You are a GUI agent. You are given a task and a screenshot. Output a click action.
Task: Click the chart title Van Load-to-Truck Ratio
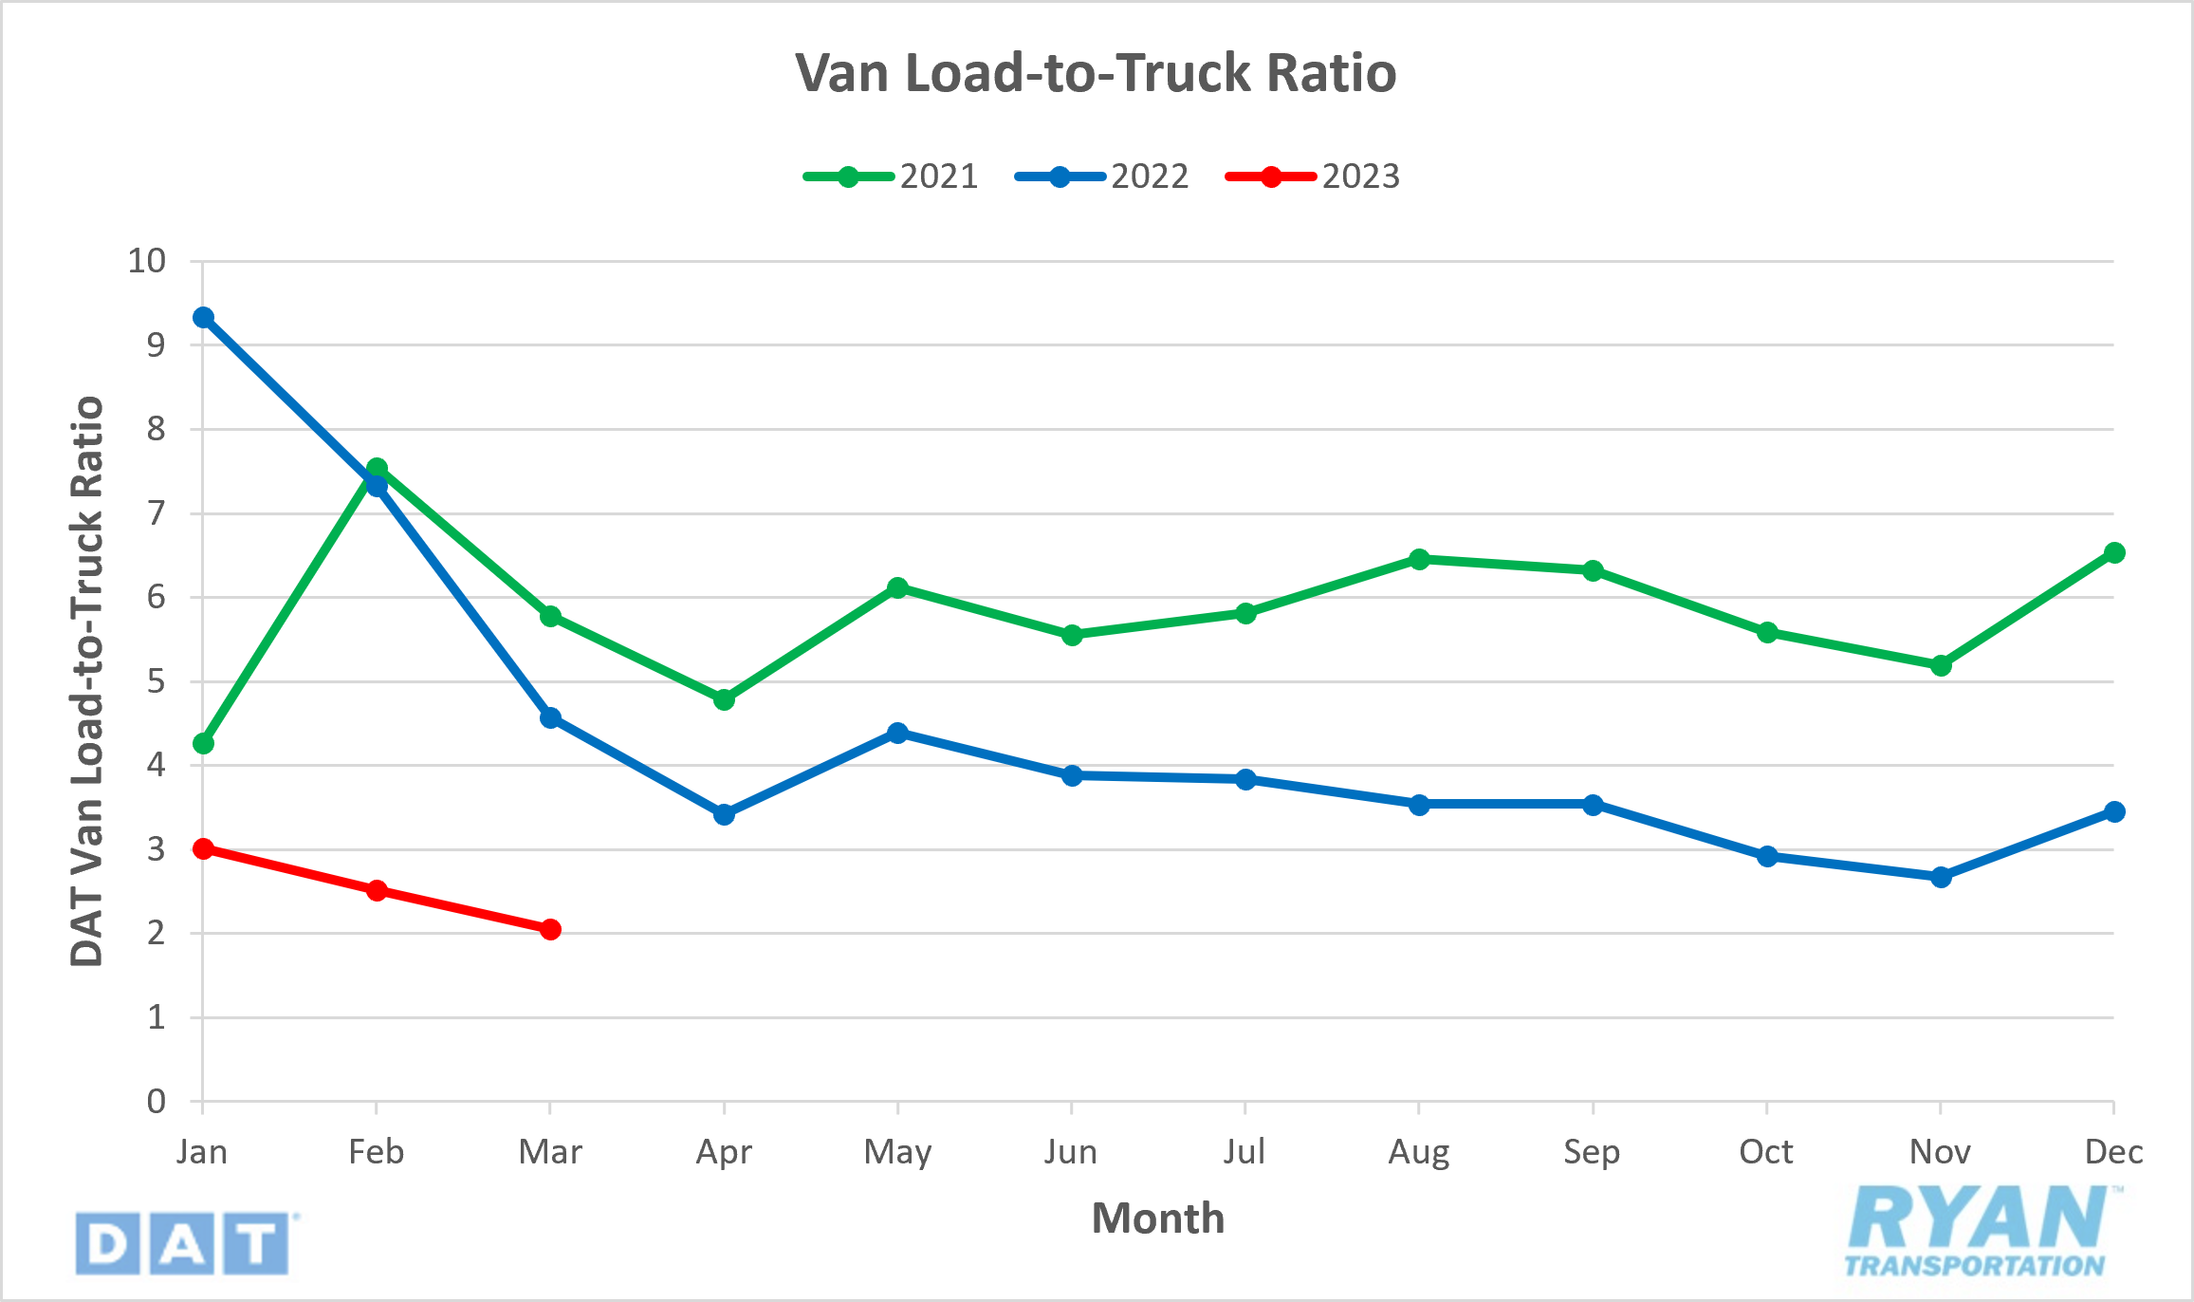tap(1096, 73)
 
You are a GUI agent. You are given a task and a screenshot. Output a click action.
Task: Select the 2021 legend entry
tap(891, 177)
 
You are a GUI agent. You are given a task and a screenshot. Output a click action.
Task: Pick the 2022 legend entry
tap(1102, 177)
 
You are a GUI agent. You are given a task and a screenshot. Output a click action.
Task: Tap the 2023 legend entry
tap(1313, 177)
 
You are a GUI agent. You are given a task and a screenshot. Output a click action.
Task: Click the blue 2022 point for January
tap(203, 317)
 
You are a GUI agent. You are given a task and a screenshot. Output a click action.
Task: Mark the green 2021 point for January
tap(203, 744)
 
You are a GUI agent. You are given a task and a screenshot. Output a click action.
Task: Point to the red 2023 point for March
tap(550, 929)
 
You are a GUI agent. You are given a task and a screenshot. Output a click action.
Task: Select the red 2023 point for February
tap(377, 890)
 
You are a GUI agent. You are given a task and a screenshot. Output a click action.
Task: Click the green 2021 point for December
tap(2114, 553)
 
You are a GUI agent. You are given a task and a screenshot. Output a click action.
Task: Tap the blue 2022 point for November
tap(1941, 877)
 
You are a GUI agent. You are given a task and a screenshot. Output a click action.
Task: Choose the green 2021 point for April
tap(724, 700)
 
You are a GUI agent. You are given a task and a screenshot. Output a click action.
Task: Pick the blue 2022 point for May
tap(897, 733)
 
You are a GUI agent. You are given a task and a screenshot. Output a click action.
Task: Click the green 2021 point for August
tap(1419, 559)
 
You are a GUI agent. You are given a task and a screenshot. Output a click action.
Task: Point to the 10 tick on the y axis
tap(147, 261)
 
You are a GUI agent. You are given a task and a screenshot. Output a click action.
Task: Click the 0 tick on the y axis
tap(157, 1102)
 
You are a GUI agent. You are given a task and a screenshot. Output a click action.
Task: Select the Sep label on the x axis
tap(1592, 1152)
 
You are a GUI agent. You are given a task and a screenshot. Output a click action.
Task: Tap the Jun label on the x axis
tap(1071, 1152)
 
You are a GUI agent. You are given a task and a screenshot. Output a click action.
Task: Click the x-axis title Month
tap(1157, 1218)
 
